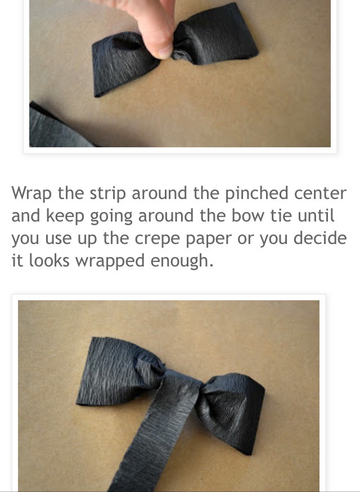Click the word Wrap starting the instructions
(x=32, y=193)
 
